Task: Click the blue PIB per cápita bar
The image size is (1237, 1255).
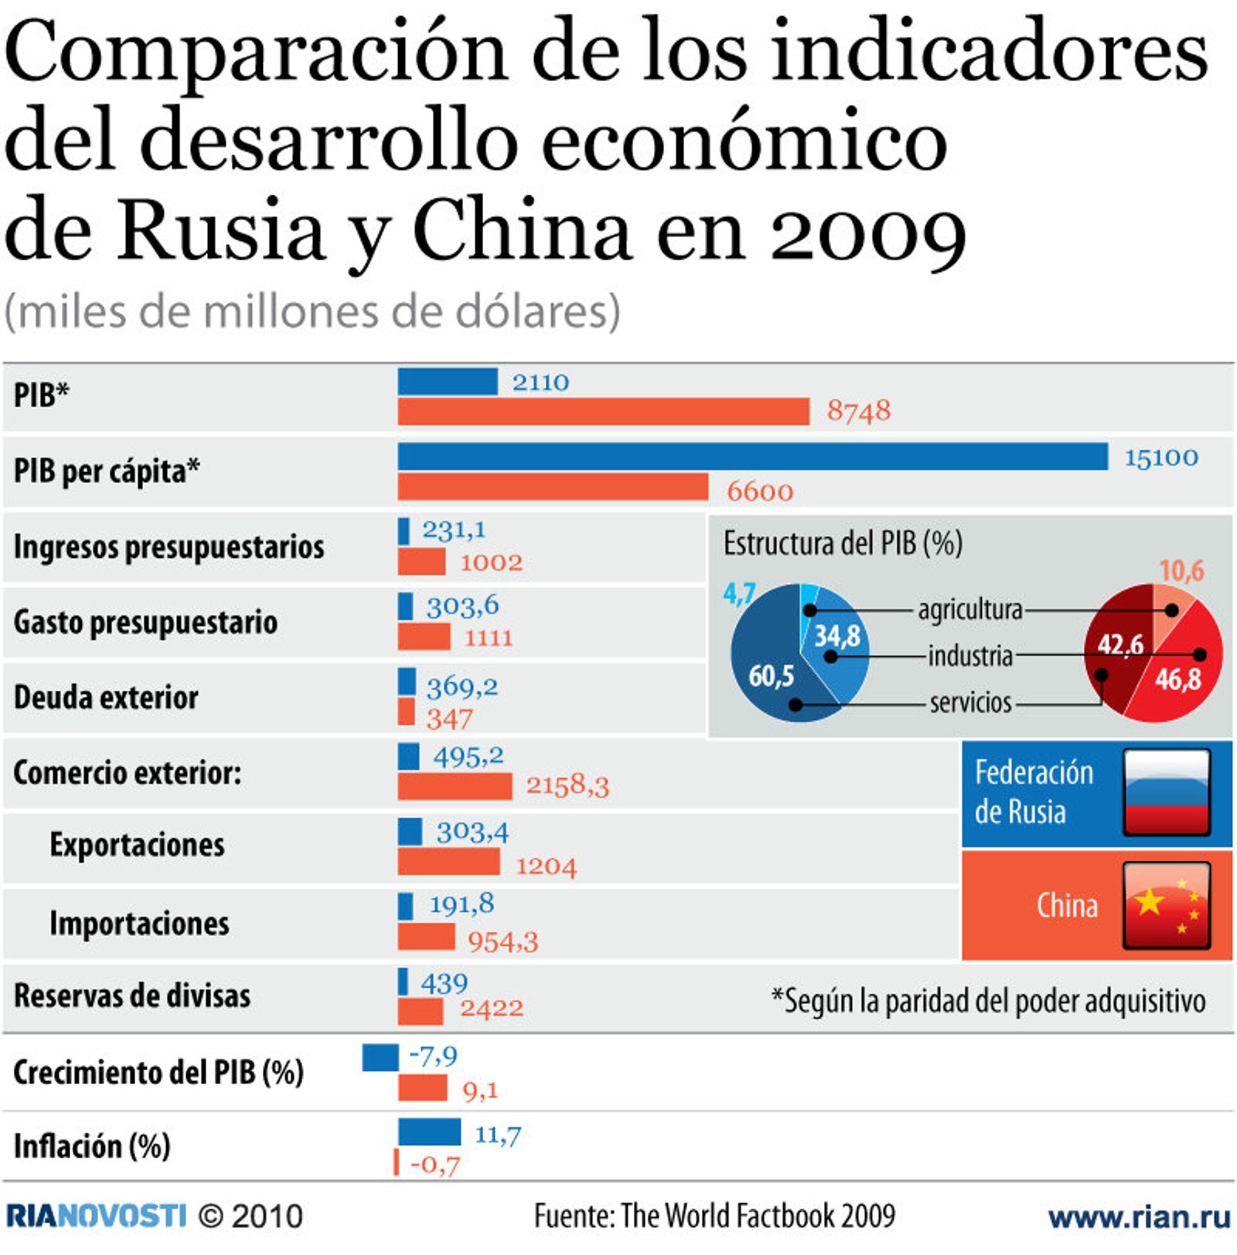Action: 753,457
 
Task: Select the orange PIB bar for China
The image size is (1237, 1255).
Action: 604,412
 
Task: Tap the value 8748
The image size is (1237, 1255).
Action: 858,411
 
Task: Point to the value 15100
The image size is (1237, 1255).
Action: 1161,458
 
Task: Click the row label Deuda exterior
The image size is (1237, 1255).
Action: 106,698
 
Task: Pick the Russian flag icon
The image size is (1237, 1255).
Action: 1166,792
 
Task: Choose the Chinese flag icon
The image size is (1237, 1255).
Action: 1166,905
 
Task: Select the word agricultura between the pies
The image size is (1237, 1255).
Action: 970,610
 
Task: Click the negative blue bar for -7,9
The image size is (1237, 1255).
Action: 380,1057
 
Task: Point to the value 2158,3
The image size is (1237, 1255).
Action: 567,786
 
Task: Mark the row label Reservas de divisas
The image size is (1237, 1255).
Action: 132,996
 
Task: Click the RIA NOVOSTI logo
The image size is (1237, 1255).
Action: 96,1216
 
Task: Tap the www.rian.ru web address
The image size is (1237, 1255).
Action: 1142,1218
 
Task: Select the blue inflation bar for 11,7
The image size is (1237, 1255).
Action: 429,1132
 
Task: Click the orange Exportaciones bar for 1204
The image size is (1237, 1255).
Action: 449,862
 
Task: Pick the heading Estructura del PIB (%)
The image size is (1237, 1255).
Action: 843,543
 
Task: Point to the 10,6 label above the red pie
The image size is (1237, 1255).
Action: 1182,571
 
